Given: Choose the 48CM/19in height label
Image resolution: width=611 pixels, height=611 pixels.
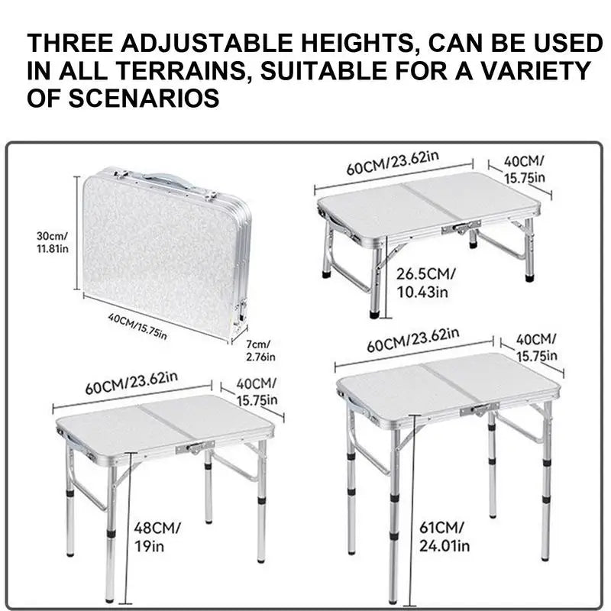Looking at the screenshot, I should (157, 536).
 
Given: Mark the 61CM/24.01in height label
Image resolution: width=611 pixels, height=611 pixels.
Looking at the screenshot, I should (446, 536).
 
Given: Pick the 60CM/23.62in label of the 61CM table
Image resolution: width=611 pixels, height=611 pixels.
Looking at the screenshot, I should (412, 340).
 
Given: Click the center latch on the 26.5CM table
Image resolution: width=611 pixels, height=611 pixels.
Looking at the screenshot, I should (465, 227).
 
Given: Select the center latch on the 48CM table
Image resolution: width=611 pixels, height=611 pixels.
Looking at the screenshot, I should (191, 448).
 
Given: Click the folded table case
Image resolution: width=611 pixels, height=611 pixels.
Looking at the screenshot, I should (164, 252).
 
